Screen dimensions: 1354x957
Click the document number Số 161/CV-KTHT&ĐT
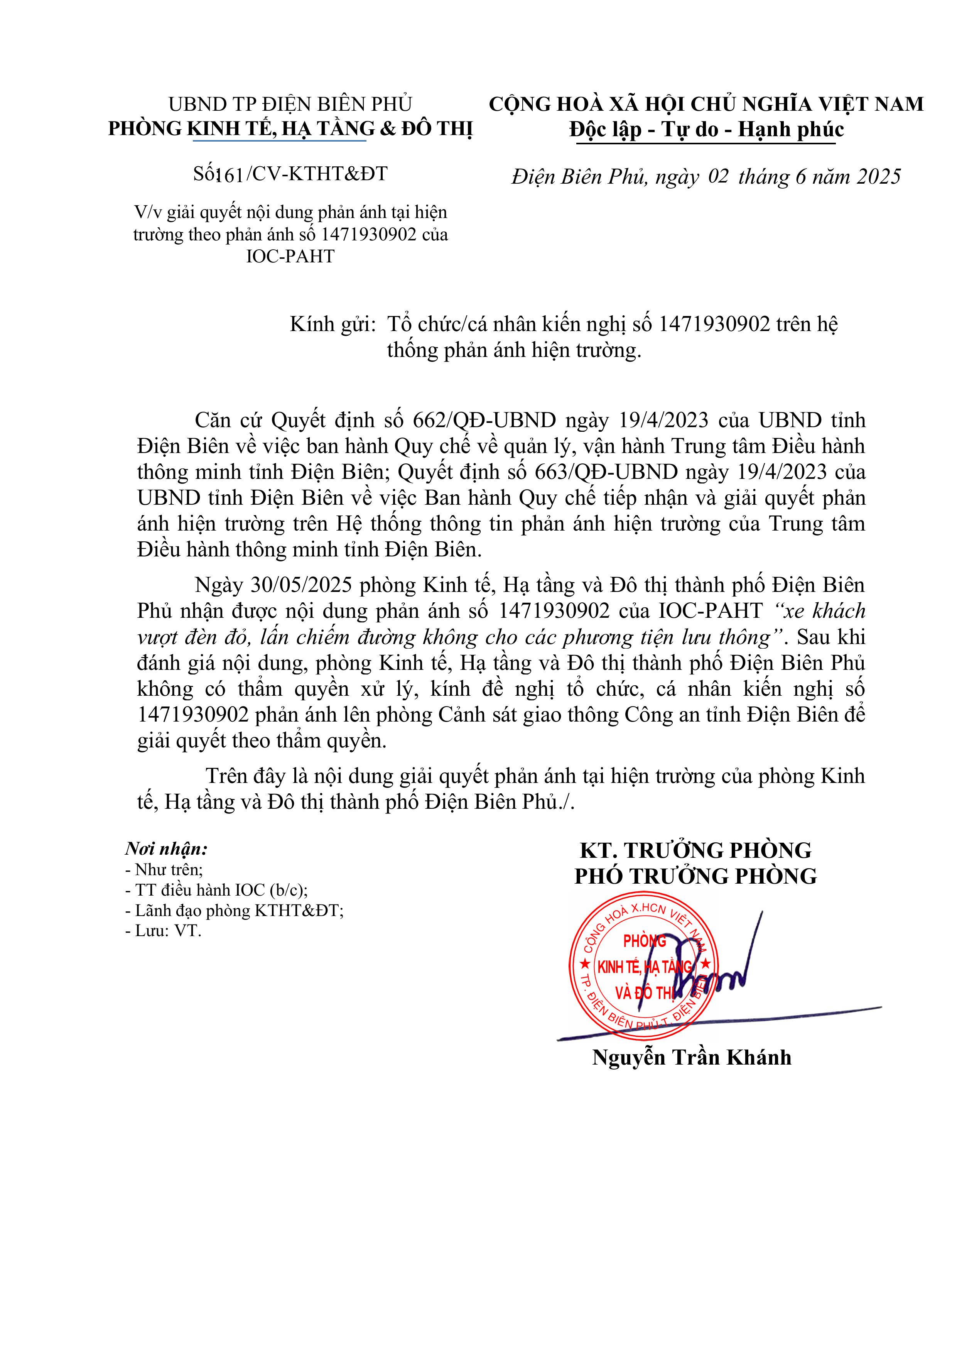point(290,173)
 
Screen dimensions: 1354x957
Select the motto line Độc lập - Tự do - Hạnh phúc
point(706,130)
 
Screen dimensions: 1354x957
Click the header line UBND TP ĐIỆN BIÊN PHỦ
point(290,105)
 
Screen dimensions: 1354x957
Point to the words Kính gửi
point(333,325)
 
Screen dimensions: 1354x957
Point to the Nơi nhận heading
point(166,849)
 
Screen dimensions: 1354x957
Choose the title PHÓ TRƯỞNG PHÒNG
point(696,876)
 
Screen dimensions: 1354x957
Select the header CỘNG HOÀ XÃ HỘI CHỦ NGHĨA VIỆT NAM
point(706,105)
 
